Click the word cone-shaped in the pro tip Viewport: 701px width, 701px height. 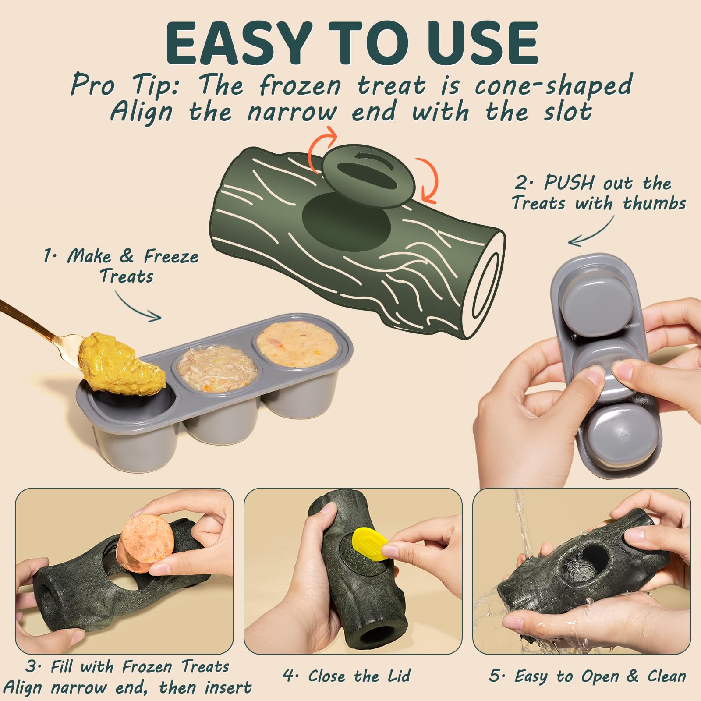[x=553, y=85]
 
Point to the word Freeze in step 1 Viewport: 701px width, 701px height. [x=171, y=256]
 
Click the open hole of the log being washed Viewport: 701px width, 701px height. [x=594, y=559]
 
